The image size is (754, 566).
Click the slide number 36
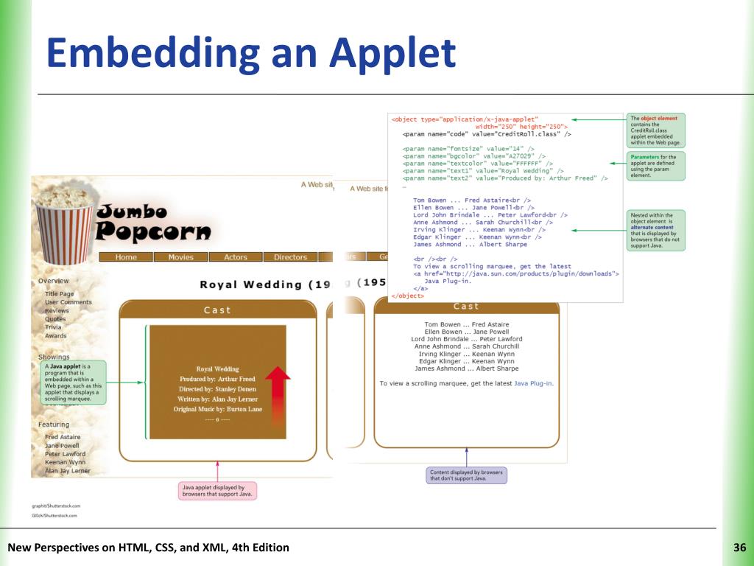point(740,548)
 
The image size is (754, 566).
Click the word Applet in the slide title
point(392,54)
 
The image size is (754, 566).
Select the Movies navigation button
point(180,257)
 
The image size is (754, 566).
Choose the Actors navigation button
point(236,257)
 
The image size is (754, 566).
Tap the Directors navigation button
point(290,257)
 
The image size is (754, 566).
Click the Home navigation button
point(126,257)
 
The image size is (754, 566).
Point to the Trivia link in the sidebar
point(53,327)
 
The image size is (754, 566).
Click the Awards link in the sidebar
point(55,336)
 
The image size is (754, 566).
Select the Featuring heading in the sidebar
point(54,424)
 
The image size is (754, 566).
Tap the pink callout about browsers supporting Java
point(217,490)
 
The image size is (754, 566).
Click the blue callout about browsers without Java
point(466,475)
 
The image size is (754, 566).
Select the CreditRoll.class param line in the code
point(487,134)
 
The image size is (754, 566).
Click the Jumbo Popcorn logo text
point(153,223)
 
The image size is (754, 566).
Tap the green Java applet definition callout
point(73,382)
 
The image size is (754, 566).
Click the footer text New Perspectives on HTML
point(148,548)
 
